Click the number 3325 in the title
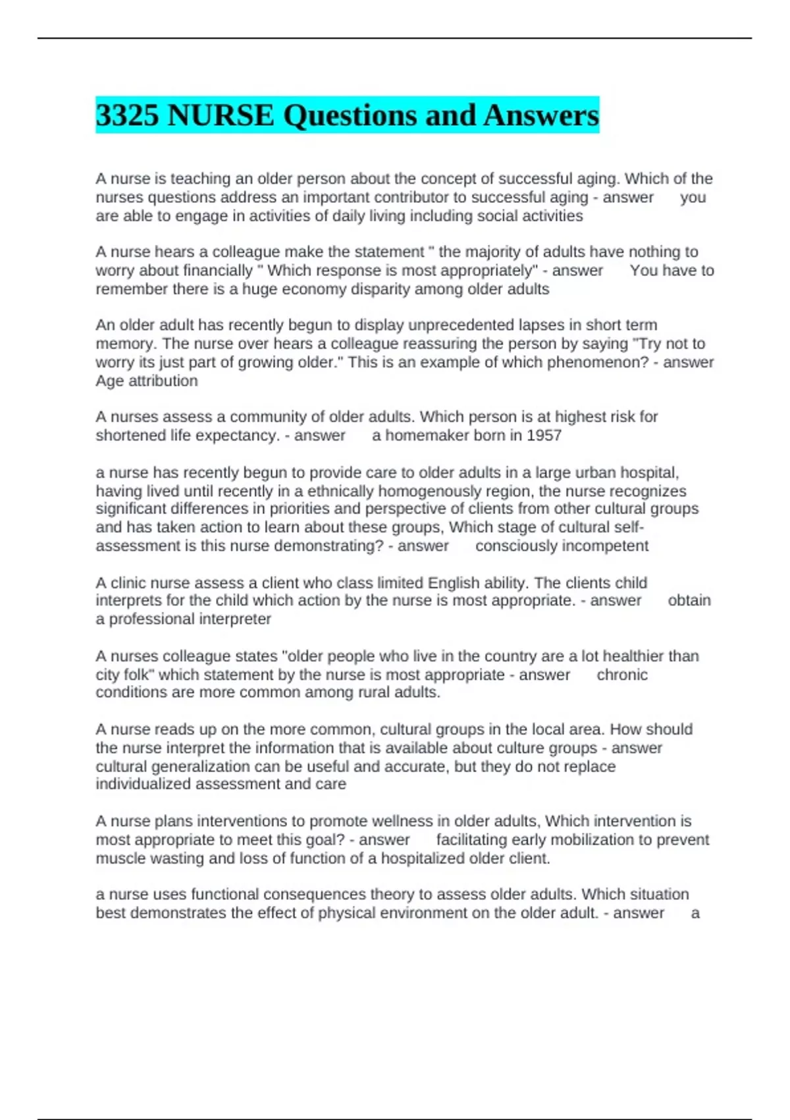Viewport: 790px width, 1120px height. [128, 115]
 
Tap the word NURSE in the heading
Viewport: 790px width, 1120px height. [221, 115]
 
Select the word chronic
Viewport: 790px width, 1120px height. [622, 675]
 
